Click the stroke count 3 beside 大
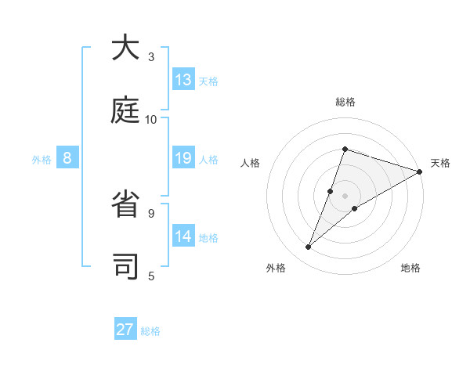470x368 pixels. tap(151, 57)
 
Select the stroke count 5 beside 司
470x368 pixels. tap(151, 276)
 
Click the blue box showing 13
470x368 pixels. tap(183, 80)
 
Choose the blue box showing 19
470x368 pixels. tap(183, 158)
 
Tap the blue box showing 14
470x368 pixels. tap(183, 236)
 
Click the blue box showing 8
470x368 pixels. tap(67, 158)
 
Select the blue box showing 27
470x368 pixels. tap(125, 330)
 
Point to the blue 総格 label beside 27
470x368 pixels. tap(151, 331)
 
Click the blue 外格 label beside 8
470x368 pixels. tap(42, 160)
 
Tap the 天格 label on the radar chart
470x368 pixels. tap(440, 163)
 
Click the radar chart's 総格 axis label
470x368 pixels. tap(345, 103)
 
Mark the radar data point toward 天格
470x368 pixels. tap(419, 171)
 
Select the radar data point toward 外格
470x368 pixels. tap(309, 247)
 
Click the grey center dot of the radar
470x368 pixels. tap(345, 195)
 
